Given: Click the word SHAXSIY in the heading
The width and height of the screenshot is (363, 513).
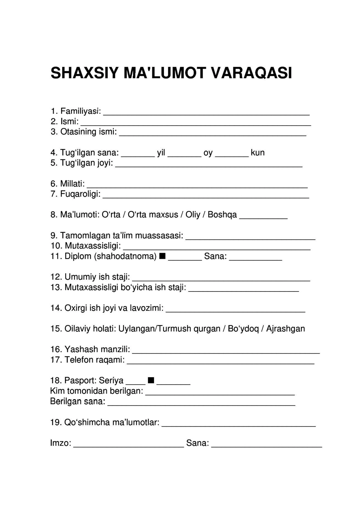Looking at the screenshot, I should (x=84, y=73).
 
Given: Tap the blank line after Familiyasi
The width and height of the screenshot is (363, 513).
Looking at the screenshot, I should (x=206, y=114).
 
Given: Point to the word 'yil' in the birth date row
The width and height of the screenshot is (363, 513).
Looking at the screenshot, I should (x=161, y=153).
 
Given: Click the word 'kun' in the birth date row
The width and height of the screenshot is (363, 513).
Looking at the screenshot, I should (x=257, y=153).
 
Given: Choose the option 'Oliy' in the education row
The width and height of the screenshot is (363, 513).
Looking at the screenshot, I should (x=193, y=215).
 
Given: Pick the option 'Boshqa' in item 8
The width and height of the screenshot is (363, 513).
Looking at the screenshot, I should (x=222, y=215).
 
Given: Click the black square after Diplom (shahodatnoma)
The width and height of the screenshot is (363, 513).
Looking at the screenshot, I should (x=162, y=256).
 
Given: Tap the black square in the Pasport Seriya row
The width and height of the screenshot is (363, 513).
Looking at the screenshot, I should (x=151, y=380).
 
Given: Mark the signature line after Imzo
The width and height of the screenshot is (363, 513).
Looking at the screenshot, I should (x=129, y=446).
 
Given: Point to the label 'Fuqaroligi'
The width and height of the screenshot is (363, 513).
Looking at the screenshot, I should (x=80, y=194).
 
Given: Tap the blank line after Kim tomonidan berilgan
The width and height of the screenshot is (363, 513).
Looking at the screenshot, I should (x=220, y=394).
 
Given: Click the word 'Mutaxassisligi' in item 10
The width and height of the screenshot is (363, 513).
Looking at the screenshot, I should (x=93, y=245).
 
